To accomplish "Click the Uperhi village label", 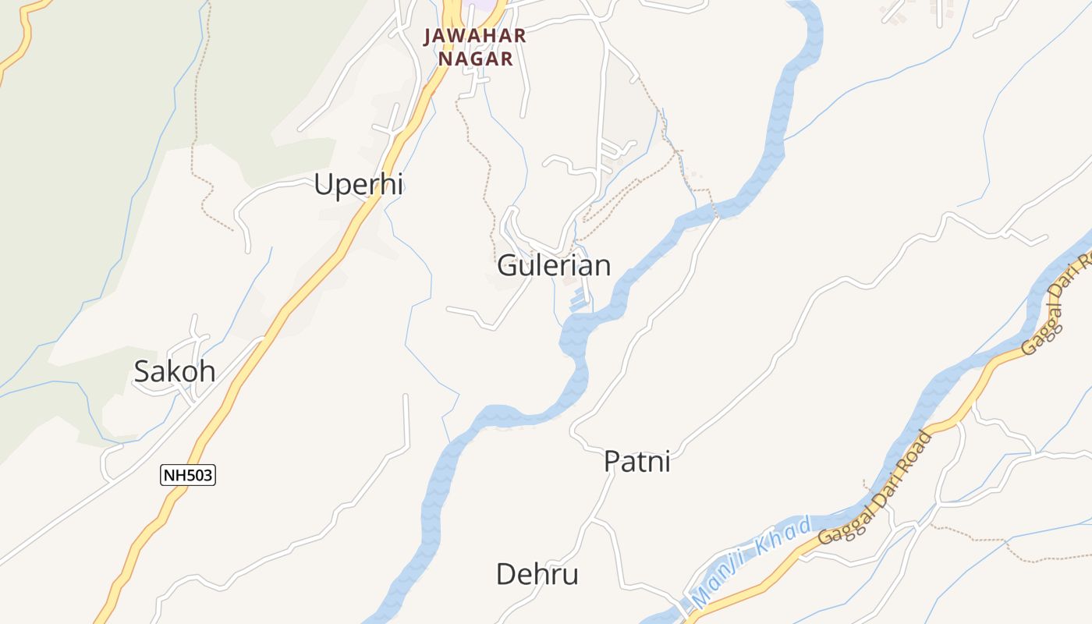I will pyautogui.click(x=358, y=185).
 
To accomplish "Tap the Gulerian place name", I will pyautogui.click(x=554, y=265).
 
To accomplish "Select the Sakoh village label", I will pyautogui.click(x=175, y=371).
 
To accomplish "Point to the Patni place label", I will pyautogui.click(x=637, y=461).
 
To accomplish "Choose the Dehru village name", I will pyautogui.click(x=537, y=575).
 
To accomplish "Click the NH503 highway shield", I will pyautogui.click(x=188, y=475).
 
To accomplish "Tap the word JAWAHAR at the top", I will pyautogui.click(x=475, y=36).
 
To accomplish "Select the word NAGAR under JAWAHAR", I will pyautogui.click(x=475, y=58).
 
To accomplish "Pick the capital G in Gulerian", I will pyautogui.click(x=508, y=266).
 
